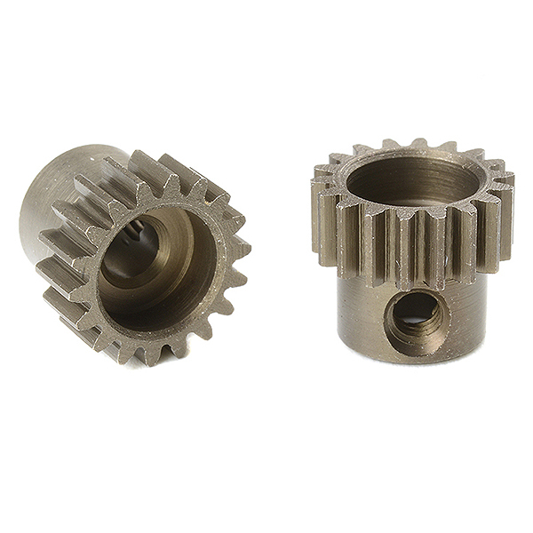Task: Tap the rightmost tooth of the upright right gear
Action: (507, 209)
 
